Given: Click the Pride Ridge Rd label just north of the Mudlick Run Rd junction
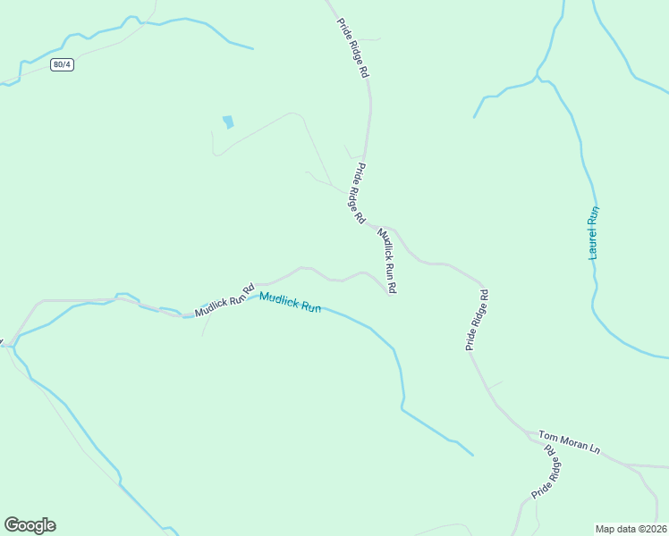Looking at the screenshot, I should [x=358, y=193].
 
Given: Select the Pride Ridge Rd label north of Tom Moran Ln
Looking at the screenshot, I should [x=476, y=319].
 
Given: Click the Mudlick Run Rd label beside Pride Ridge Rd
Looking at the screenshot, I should [x=387, y=261].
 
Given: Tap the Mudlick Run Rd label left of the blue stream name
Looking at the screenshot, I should [x=225, y=300].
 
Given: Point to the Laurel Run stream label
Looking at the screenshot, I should [x=593, y=233].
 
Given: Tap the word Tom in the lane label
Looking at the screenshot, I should [x=547, y=436].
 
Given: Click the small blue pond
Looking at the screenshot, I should [x=228, y=121].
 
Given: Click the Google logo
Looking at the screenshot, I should [x=30, y=525].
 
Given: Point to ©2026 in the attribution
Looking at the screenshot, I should [x=652, y=528].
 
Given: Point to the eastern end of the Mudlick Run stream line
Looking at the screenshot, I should [x=473, y=455].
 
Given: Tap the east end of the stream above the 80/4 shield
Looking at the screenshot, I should [x=253, y=48].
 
